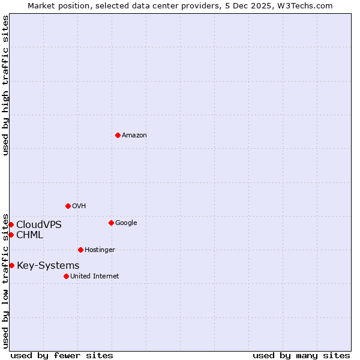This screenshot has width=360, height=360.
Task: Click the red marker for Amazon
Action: (x=118, y=135)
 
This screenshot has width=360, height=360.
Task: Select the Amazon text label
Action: (x=134, y=136)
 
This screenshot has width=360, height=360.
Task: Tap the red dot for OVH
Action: (x=68, y=206)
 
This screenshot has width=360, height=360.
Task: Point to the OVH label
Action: (x=79, y=206)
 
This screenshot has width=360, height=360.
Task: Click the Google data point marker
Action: (x=111, y=223)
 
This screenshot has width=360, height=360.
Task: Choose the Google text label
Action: (x=126, y=223)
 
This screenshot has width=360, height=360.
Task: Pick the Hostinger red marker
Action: (x=80, y=250)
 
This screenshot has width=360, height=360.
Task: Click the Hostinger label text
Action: (x=100, y=250)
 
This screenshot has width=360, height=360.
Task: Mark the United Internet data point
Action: (x=66, y=276)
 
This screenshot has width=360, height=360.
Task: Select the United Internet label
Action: (x=94, y=277)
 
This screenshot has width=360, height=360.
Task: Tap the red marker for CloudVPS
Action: (x=11, y=224)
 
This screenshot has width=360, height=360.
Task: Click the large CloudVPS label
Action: (x=38, y=225)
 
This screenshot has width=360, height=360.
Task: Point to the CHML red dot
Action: (x=11, y=235)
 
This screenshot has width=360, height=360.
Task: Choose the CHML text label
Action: (x=29, y=235)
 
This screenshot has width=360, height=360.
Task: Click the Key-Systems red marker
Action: (x=11, y=265)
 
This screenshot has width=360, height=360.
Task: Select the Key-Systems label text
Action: (x=48, y=266)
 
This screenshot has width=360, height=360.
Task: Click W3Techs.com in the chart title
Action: (x=307, y=5)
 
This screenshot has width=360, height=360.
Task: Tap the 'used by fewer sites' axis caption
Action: (x=62, y=355)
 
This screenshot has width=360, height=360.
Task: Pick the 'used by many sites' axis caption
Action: (x=301, y=355)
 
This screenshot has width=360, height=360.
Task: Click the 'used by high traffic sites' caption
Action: (x=5, y=85)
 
